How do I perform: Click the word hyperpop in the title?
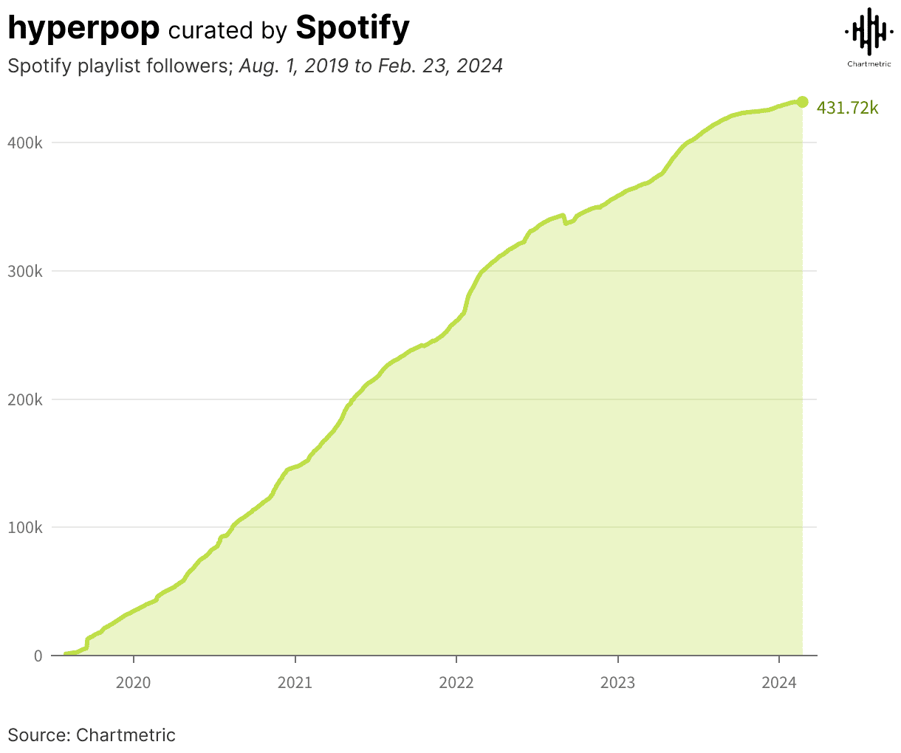click(83, 28)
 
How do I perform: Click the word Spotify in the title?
click(352, 28)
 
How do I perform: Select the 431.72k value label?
click(847, 109)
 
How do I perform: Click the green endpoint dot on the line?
click(802, 102)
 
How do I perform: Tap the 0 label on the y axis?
click(38, 656)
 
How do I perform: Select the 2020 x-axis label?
click(133, 683)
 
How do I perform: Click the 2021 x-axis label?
click(295, 683)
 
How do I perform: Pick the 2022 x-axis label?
click(456, 683)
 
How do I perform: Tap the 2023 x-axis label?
click(617, 683)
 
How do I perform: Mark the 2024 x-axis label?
click(779, 683)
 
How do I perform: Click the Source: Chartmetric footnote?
click(92, 735)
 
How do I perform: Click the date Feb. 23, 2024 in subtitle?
click(440, 66)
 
